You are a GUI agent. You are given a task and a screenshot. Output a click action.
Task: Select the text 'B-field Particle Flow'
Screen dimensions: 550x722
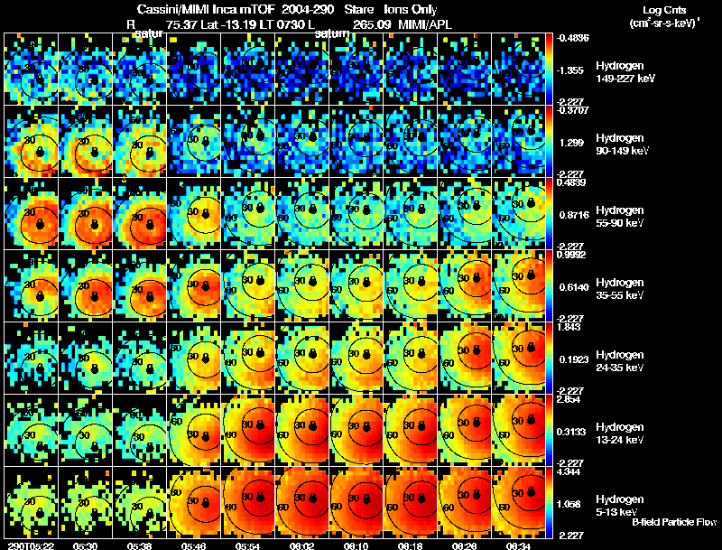click(673, 522)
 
